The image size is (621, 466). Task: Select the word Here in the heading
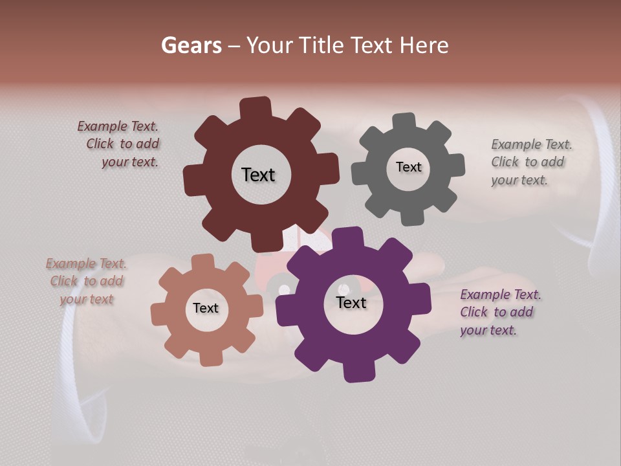pos(424,45)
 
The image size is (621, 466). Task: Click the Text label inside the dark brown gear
pos(258,175)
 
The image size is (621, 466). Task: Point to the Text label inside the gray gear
pos(408,167)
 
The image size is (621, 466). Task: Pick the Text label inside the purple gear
pos(351,302)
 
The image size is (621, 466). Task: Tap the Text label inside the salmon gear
pos(206,308)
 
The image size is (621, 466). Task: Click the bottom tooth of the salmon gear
pos(210,357)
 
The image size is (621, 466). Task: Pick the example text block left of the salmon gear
pos(87,282)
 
